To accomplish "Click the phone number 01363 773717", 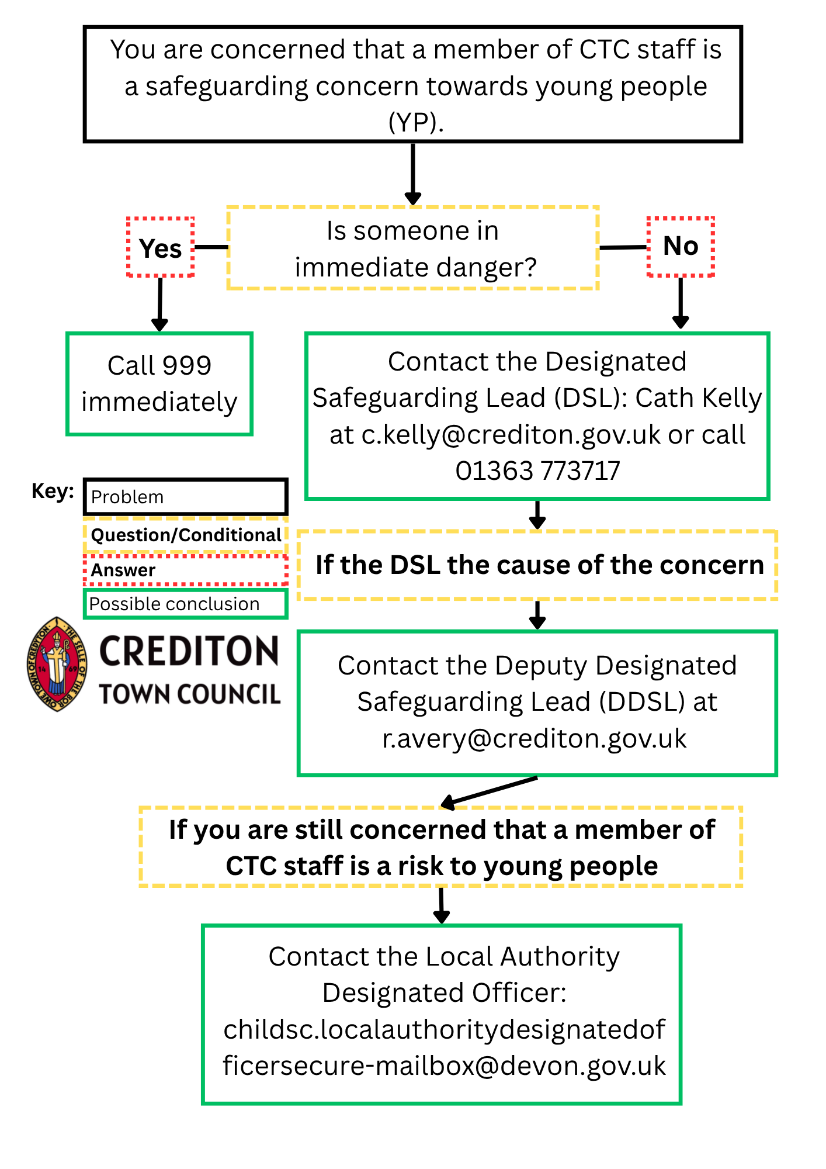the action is tap(537, 471).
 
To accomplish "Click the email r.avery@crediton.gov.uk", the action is tap(535, 739).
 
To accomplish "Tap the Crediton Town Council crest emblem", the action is tap(57, 664).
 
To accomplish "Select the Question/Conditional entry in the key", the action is tap(186, 535).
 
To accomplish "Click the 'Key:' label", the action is tap(53, 491).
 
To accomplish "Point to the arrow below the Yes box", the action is tap(159, 305).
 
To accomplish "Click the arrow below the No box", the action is tap(681, 303).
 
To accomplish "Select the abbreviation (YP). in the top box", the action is tap(416, 123).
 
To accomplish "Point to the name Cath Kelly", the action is tap(699, 398).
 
